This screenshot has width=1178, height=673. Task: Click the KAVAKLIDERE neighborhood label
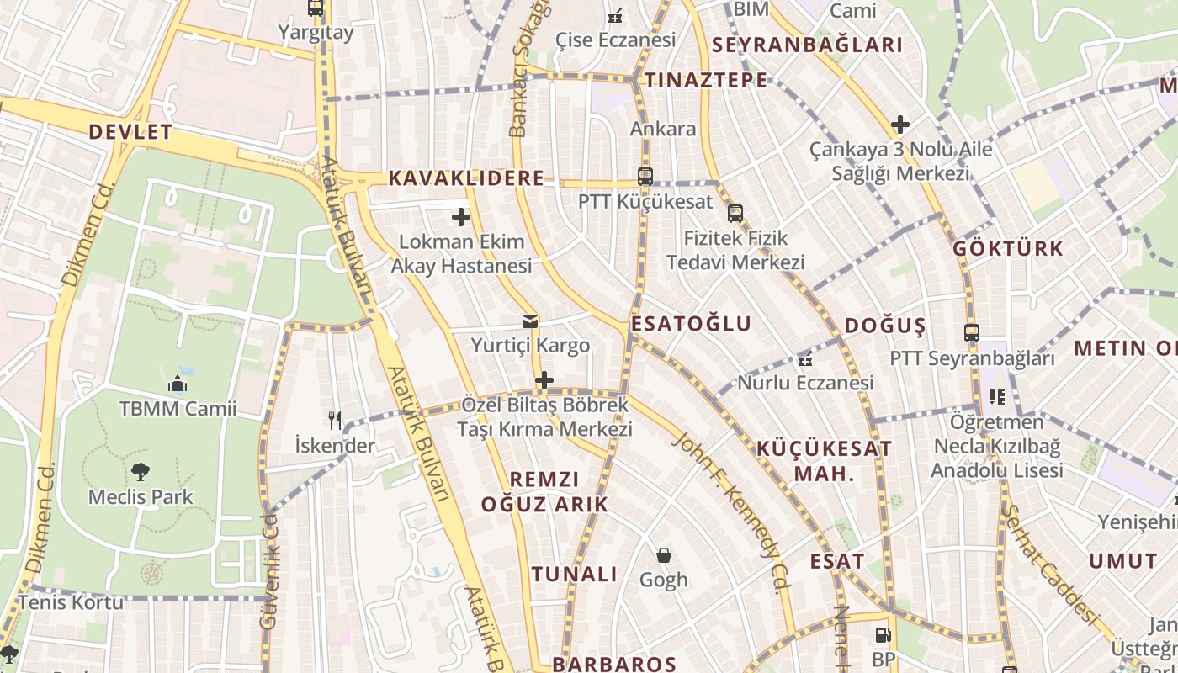(x=466, y=178)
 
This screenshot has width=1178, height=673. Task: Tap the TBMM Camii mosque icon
(x=178, y=384)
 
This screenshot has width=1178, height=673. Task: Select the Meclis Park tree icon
(x=141, y=472)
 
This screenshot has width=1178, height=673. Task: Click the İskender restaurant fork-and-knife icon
(x=335, y=420)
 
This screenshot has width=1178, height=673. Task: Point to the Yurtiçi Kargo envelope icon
(x=530, y=321)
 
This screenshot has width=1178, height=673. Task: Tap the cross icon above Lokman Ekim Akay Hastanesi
(x=461, y=217)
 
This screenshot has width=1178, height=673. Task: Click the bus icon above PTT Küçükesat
(x=645, y=177)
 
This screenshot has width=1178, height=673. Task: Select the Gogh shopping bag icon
(x=664, y=555)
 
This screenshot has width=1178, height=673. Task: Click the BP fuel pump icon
(x=883, y=635)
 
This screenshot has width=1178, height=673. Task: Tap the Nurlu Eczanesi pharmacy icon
(x=805, y=359)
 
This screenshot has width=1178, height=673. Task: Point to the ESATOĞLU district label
(x=691, y=324)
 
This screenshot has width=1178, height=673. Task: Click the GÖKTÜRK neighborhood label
(x=1008, y=249)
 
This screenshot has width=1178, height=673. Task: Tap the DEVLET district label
(x=130, y=132)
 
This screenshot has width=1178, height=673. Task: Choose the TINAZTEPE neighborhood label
(x=706, y=81)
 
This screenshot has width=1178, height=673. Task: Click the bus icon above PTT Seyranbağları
(x=972, y=333)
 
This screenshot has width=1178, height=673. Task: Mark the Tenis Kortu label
(x=71, y=602)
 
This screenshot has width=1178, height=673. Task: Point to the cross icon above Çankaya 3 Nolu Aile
(x=900, y=125)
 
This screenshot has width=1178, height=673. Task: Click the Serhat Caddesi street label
(x=1052, y=565)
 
